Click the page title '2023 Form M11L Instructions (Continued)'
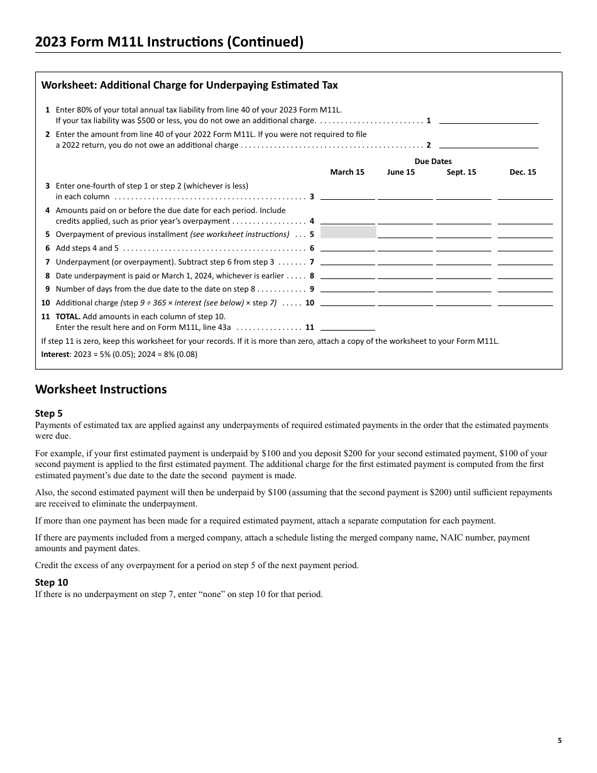click(x=169, y=42)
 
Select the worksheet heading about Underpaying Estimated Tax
click(x=189, y=85)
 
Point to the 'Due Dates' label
click(x=433, y=162)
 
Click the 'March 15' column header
click(x=348, y=172)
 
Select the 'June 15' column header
click(x=401, y=172)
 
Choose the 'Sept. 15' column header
click(x=461, y=172)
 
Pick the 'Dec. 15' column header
click(x=523, y=172)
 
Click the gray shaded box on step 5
click(x=348, y=233)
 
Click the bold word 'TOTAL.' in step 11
click(x=67, y=317)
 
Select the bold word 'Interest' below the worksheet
click(x=55, y=354)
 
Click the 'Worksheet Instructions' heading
click(x=101, y=389)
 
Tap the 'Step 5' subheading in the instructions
click(x=49, y=414)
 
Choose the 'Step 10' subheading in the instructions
click(x=52, y=583)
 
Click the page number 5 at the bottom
click(x=559, y=740)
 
